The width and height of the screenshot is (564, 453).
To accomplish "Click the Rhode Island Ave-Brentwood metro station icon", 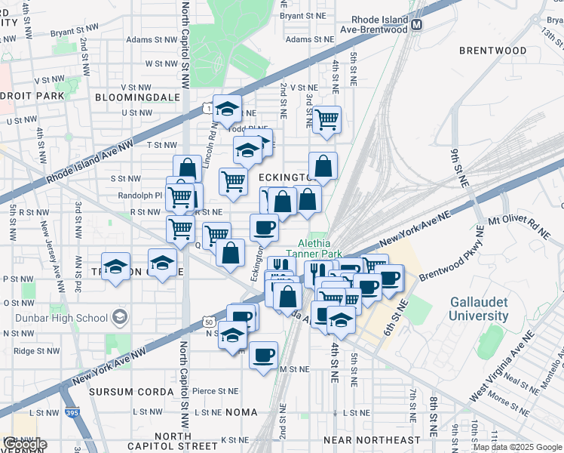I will tap(417, 25).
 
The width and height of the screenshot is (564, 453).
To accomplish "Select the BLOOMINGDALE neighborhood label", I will tap(137, 97).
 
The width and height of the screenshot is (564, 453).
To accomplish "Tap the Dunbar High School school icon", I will tap(118, 318).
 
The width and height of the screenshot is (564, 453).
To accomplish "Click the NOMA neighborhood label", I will tap(241, 412).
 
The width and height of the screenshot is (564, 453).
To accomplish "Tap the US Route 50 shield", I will tap(208, 322).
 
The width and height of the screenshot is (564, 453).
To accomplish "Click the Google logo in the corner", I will tap(24, 444).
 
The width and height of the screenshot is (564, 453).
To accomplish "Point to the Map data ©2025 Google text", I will tap(517, 447).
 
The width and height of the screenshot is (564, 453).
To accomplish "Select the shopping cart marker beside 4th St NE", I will tap(326, 119).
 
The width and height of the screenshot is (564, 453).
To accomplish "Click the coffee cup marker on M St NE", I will tap(263, 355).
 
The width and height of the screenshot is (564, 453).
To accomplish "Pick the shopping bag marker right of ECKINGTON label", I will tap(323, 167).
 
